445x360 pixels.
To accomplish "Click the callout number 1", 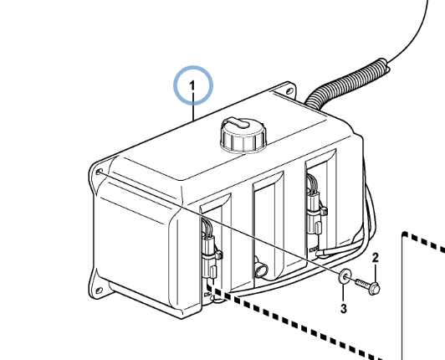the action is [x=192, y=85].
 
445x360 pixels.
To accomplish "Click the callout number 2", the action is [x=376, y=258].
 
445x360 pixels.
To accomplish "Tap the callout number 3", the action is [x=344, y=308].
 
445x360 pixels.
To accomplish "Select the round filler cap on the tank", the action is [x=243, y=134].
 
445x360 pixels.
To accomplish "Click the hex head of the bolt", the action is [x=375, y=289].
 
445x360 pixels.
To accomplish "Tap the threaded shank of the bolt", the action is [x=362, y=283].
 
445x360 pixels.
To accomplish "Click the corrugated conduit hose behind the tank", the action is [x=346, y=83].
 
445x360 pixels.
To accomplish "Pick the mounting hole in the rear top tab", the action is [x=289, y=91].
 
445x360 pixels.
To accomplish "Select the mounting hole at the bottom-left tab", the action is [x=99, y=291].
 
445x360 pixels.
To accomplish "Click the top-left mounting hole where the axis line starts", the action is [x=100, y=172].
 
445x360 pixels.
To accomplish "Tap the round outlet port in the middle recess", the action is [x=262, y=270].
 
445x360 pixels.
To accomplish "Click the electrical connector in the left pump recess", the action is [x=209, y=250].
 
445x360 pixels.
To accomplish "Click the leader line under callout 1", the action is [x=193, y=106].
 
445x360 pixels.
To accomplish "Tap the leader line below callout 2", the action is [x=376, y=273].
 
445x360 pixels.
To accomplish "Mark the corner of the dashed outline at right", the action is [x=404, y=234].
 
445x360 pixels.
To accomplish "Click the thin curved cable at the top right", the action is [x=413, y=33].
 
